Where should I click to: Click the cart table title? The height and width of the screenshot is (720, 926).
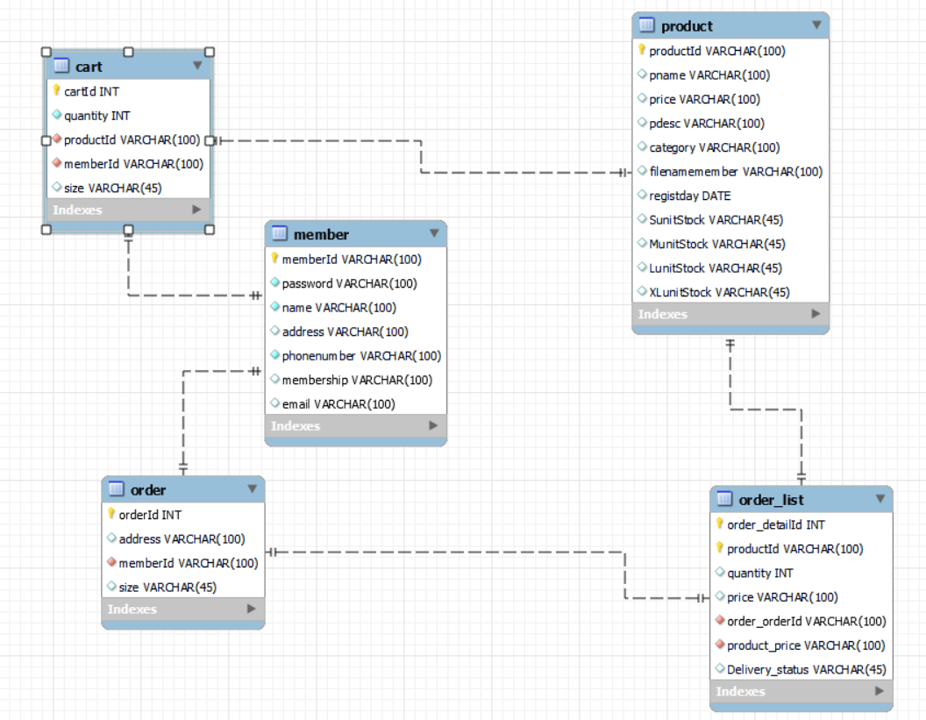pos(89,67)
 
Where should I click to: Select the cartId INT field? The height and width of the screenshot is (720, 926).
pos(91,91)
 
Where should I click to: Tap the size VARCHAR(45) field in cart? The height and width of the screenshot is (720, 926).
pos(112,188)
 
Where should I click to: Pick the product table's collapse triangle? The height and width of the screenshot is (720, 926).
pos(816,25)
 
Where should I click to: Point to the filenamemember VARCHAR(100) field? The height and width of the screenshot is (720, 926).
pos(736,172)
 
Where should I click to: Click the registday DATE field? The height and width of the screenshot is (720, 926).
pos(689,196)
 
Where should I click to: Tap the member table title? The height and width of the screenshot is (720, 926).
pos(321,234)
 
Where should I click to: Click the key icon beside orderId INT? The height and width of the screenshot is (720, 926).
pos(111,515)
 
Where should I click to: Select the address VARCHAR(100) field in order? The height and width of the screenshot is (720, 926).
pos(182,539)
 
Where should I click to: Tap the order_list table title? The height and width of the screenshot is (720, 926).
pos(771,500)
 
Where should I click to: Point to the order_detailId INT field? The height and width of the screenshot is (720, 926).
pos(775,524)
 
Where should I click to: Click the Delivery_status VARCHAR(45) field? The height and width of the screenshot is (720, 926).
pos(806,669)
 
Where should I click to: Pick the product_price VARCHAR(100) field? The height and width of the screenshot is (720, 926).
pos(806,645)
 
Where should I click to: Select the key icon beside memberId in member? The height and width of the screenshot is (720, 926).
pos(274,259)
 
